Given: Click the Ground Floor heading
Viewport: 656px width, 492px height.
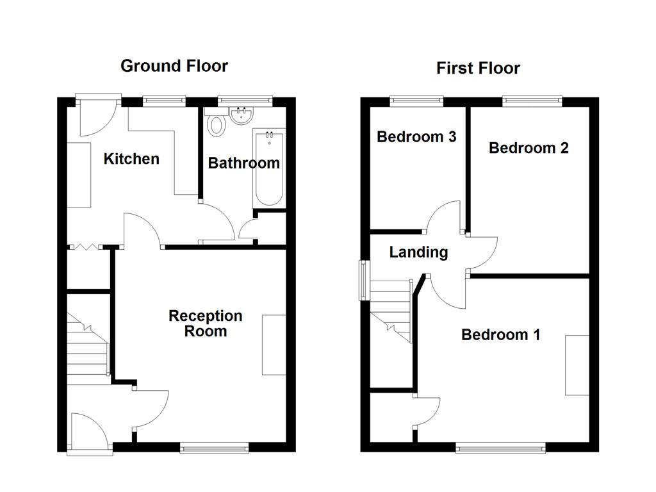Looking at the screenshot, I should [174, 65].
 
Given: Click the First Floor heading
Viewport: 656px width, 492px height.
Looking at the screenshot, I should [478, 68].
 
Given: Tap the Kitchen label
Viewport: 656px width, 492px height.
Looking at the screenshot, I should [131, 159].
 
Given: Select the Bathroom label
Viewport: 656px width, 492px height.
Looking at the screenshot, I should [243, 163].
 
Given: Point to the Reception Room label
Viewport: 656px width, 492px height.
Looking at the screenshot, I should [205, 324].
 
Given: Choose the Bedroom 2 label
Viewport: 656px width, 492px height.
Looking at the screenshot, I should [529, 148].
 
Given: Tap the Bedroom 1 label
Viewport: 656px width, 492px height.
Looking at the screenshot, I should [500, 334].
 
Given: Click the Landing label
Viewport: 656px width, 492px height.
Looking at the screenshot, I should [418, 252].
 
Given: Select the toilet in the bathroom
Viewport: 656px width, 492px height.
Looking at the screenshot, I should [217, 124].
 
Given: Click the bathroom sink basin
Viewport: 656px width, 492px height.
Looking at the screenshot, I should [243, 116].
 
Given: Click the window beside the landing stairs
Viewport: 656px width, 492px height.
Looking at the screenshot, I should [364, 281].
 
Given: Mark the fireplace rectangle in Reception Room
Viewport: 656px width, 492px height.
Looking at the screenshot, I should [274, 344].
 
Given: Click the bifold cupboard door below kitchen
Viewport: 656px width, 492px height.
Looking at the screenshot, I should [85, 247].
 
